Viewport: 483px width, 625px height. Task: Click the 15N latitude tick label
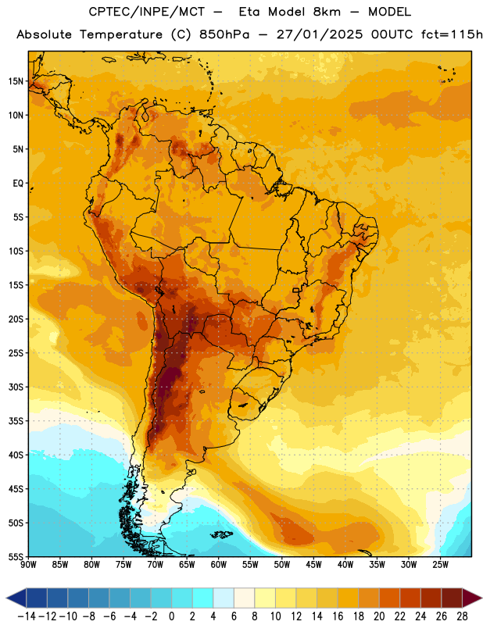[16, 81]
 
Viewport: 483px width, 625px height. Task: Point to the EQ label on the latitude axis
[18, 184]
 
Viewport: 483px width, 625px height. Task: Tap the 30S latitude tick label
[16, 387]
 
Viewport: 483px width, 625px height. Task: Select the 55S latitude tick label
[16, 557]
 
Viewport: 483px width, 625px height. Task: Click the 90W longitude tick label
[28, 565]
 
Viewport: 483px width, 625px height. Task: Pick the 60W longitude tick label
[219, 565]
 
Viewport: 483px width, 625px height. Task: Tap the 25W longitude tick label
[440, 565]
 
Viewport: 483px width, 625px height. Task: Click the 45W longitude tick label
[313, 565]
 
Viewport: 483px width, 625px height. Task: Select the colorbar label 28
[462, 616]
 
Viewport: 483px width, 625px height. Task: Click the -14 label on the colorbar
[27, 616]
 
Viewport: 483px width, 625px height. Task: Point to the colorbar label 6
[234, 616]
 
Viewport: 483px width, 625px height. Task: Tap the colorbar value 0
[171, 616]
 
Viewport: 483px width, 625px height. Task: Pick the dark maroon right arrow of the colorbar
[471, 598]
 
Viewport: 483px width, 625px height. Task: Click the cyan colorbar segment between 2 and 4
[202, 598]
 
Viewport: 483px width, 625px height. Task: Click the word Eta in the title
[249, 12]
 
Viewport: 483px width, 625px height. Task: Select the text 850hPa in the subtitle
[224, 34]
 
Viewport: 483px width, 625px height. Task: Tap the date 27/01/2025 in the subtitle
[320, 34]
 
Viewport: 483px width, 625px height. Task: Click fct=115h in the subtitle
[452, 34]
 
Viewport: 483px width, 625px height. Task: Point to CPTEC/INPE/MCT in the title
[146, 12]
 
